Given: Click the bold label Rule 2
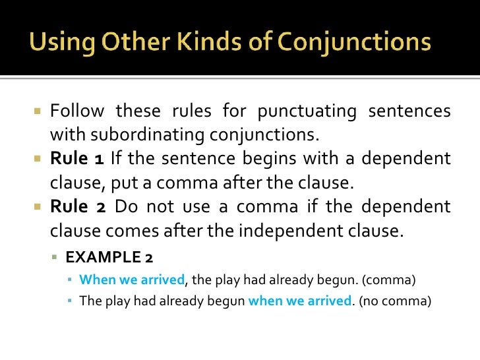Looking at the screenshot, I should coord(78,207).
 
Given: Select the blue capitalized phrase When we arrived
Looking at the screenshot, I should coord(132,280).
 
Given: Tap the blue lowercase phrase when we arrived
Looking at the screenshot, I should coord(299,301).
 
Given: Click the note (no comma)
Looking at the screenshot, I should coord(394,301).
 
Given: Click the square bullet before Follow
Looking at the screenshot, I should coord(38,110).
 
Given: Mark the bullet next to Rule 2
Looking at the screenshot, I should coord(38,208).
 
